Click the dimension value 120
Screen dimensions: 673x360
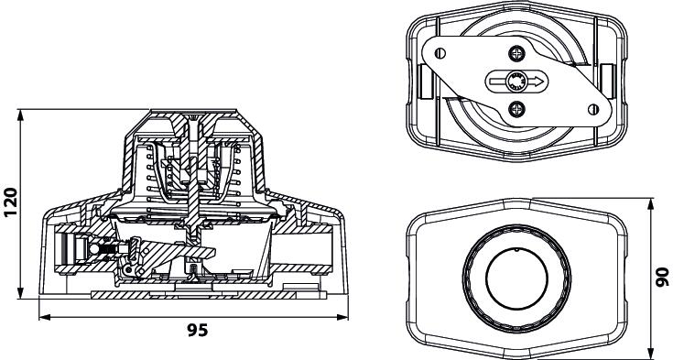click(x=11, y=202)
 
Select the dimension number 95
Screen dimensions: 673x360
click(x=198, y=330)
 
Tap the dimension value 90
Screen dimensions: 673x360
click(x=663, y=277)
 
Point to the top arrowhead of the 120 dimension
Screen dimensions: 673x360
click(x=20, y=115)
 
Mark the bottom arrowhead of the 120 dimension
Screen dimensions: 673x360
click(x=20, y=294)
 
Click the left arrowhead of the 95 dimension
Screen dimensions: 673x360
click(x=45, y=318)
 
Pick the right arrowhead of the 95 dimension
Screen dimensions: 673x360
click(x=342, y=318)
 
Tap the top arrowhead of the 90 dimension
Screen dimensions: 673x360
click(x=652, y=203)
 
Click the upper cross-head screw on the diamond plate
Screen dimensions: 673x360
click(x=517, y=54)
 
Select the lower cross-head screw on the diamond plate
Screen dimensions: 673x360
click(x=517, y=109)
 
